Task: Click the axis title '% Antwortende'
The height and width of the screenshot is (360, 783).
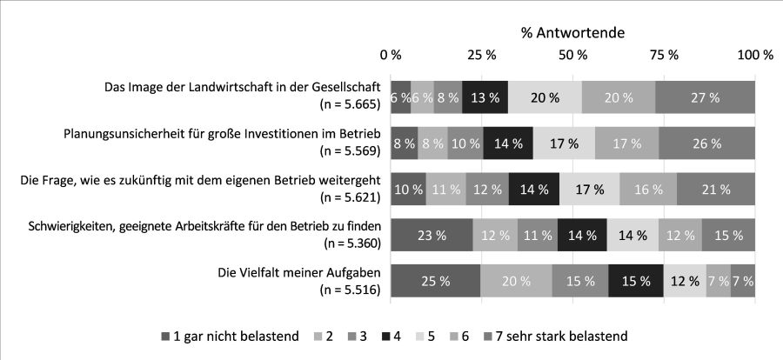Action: tap(572, 33)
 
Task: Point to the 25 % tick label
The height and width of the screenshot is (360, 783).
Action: tap(482, 55)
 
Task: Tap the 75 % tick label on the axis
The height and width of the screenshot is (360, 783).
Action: tap(664, 55)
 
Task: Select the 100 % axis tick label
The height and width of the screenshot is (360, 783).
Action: tap(754, 55)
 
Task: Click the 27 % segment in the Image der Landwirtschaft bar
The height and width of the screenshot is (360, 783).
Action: tap(705, 97)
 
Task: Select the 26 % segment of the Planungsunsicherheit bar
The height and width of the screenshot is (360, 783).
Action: tap(706, 143)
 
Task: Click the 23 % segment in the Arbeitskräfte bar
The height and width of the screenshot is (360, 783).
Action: tap(432, 235)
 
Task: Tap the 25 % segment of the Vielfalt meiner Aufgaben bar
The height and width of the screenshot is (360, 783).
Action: tap(435, 280)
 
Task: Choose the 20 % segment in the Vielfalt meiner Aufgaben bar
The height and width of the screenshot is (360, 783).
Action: tap(516, 280)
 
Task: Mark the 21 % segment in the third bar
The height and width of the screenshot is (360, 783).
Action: tap(716, 189)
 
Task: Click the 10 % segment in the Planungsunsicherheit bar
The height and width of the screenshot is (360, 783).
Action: tap(465, 143)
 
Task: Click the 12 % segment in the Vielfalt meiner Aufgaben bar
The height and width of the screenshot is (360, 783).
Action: tap(684, 280)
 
